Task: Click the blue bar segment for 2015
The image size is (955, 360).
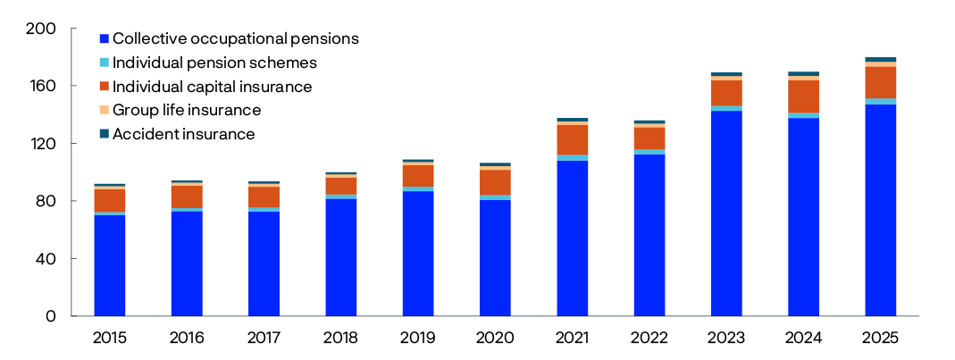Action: (x=110, y=265)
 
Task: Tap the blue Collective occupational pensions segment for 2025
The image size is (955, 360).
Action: (x=881, y=210)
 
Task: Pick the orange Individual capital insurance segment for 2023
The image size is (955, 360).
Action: (x=726, y=93)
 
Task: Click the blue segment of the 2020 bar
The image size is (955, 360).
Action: (x=495, y=258)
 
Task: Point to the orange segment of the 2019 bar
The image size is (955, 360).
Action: (x=418, y=176)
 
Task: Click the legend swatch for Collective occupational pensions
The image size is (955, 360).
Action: (x=105, y=39)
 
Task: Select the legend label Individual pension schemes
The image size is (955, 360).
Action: (x=214, y=63)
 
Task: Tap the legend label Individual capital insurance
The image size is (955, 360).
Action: (x=213, y=87)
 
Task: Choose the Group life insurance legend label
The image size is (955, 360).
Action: (x=187, y=110)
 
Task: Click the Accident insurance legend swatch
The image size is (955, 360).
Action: (x=105, y=134)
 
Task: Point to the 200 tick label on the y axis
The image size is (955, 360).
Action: (x=42, y=29)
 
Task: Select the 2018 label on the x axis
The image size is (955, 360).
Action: (x=341, y=338)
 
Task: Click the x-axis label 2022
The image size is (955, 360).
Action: (x=649, y=338)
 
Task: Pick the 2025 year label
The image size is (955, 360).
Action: (x=881, y=338)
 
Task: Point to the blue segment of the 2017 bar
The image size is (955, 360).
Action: (x=264, y=264)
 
